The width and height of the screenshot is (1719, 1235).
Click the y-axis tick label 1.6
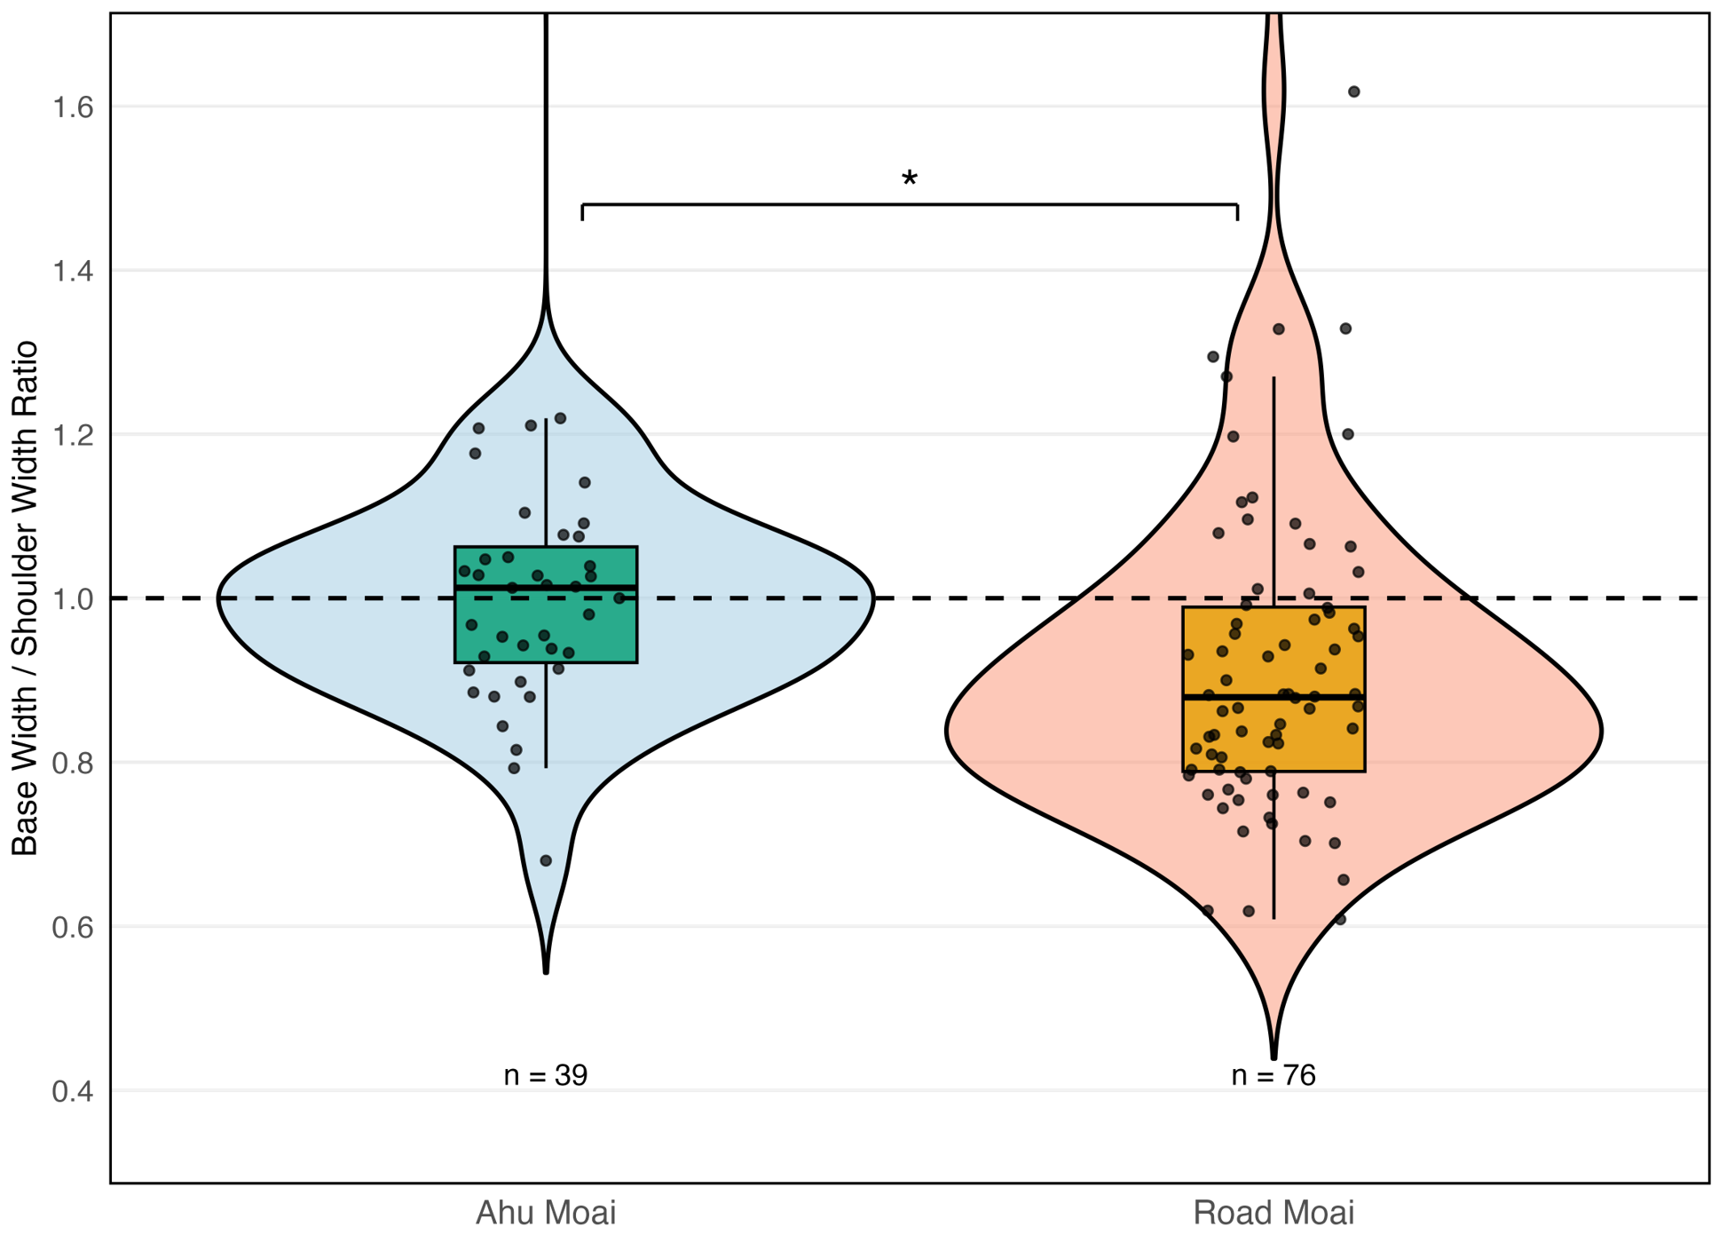(73, 107)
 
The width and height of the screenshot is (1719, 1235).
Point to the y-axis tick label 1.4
(73, 271)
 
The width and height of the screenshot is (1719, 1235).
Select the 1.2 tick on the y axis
(73, 435)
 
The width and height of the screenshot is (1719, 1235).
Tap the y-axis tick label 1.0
(73, 599)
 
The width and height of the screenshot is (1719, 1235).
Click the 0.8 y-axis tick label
(73, 763)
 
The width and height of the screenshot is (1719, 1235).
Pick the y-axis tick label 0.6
(73, 927)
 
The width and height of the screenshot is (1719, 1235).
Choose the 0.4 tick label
(73, 1091)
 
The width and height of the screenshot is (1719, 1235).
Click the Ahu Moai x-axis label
(546, 1213)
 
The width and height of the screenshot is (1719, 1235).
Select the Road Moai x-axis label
(1273, 1213)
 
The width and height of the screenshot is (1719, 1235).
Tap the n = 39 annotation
(546, 1075)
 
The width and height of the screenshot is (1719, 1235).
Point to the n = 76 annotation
(1273, 1075)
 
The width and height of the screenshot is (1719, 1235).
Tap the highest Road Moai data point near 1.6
(1354, 91)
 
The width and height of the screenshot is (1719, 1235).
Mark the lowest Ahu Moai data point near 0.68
(546, 860)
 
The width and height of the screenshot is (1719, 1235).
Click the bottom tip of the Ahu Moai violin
(546, 970)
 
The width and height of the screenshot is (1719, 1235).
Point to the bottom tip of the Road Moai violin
(1273, 1056)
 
